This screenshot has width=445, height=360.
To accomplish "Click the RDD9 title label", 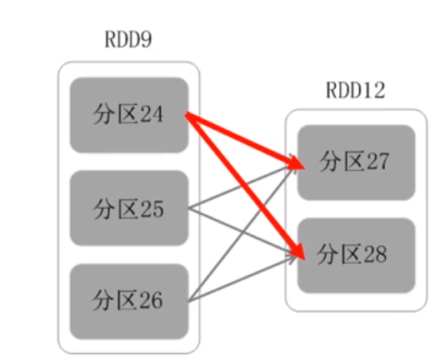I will pyautogui.click(x=128, y=40).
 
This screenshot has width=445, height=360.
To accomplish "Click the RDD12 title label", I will pyautogui.click(x=356, y=90).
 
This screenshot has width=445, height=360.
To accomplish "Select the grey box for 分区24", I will pyautogui.click(x=128, y=115).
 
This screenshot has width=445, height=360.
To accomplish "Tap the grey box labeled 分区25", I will pyautogui.click(x=128, y=207).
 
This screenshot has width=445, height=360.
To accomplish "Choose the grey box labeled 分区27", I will pyautogui.click(x=356, y=162).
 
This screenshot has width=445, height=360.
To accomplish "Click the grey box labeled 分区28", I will pyautogui.click(x=356, y=255).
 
